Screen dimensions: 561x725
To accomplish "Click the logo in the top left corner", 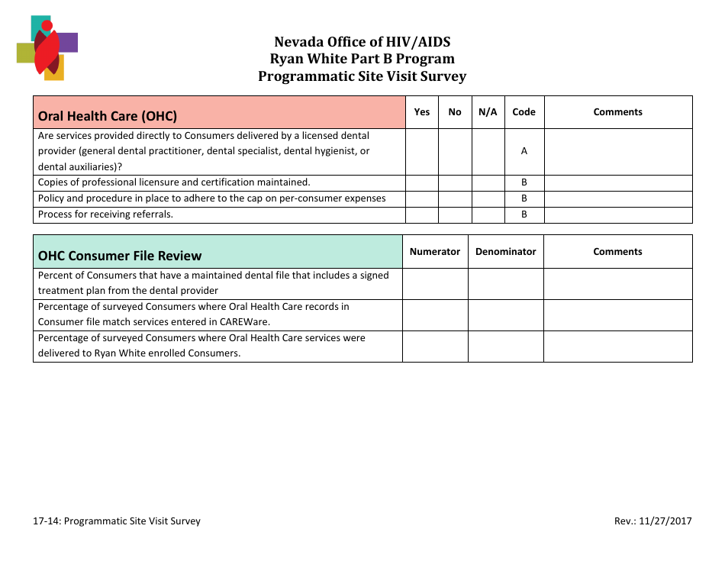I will [47, 48].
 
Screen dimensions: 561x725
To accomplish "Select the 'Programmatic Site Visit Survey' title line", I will [362, 76].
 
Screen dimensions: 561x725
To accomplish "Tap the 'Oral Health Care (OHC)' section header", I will [108, 116].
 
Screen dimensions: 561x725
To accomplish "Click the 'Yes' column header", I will [421, 112].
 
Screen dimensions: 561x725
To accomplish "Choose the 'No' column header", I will [455, 112].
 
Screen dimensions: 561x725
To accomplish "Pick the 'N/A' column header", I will [488, 112].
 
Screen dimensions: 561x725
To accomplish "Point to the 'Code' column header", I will [524, 112].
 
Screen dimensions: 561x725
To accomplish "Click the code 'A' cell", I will [524, 151].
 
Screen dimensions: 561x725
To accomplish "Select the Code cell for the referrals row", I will [524, 214].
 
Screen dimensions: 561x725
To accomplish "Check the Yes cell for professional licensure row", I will [421, 182].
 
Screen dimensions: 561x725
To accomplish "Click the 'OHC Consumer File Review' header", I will [120, 256].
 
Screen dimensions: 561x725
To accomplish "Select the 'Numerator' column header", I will [435, 252].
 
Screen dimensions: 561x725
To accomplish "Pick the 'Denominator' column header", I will [505, 252].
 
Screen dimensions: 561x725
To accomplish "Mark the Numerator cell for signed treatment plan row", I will [435, 283].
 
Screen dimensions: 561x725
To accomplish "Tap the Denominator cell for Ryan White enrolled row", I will [505, 346].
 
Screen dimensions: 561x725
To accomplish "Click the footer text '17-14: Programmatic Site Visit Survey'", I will [117, 521].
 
